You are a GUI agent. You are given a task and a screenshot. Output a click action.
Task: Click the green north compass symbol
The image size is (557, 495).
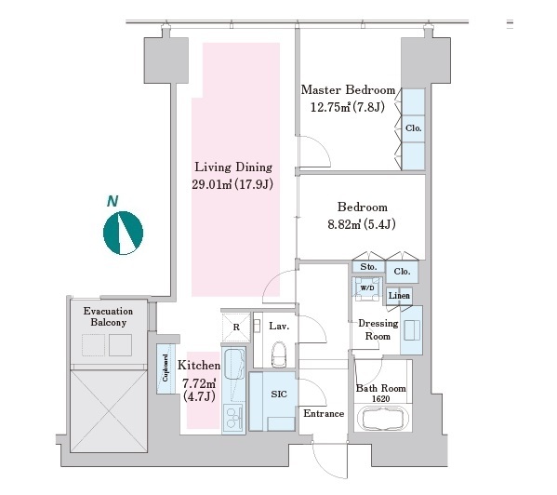[123, 233]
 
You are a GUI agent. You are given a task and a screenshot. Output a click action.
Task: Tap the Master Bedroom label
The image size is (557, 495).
[348, 89]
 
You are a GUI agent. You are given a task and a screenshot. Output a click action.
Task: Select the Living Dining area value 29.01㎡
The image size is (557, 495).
[212, 184]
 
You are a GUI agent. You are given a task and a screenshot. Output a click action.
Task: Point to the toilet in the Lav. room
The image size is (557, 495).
[279, 354]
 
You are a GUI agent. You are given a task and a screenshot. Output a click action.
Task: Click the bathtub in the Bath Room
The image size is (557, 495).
[382, 418]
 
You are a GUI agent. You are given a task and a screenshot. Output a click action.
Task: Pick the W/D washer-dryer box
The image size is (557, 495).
[367, 288]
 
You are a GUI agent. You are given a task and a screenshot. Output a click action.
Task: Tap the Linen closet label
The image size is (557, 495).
[399, 295]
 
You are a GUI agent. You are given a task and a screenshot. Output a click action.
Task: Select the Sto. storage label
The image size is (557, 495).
[368, 266]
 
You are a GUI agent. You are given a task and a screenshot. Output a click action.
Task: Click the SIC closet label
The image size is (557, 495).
[279, 394]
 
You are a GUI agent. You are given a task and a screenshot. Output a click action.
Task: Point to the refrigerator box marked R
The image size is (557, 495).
[236, 327]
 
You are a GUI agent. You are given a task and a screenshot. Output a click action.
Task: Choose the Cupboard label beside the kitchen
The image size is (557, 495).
[166, 368]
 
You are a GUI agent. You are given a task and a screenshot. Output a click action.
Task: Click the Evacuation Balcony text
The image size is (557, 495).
[109, 316]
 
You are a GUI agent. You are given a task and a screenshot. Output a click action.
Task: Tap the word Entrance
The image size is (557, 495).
[324, 413]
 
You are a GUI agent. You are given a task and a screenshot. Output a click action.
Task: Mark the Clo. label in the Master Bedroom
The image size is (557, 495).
[414, 127]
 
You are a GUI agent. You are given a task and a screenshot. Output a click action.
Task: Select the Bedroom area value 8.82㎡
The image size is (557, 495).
[344, 224]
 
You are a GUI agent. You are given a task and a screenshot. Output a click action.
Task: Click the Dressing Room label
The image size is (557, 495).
[378, 329]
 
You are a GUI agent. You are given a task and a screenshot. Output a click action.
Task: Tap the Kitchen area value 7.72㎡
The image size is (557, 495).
[199, 383]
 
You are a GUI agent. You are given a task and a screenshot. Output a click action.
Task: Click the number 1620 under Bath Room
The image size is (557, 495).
[381, 399]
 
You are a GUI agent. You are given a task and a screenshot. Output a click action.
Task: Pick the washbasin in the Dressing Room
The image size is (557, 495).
[412, 330]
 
